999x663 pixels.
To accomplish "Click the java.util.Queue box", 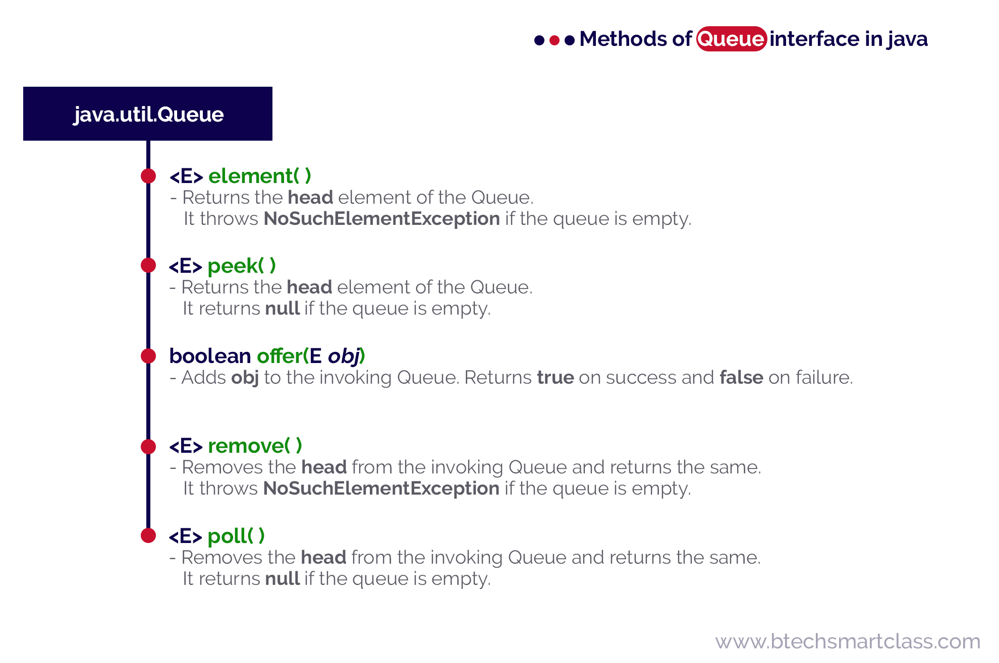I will (x=148, y=114).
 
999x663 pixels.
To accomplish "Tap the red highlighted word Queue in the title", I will (x=731, y=39).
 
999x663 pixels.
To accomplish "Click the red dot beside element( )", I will (x=148, y=176).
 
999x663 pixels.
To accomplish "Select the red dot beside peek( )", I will (x=148, y=265).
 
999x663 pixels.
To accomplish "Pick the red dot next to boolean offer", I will (x=148, y=356).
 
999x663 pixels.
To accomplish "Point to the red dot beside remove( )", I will (x=148, y=446).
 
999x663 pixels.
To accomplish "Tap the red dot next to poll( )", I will (x=148, y=535).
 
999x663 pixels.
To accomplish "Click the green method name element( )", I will (x=259, y=176).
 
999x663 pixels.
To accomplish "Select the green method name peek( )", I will (x=241, y=266).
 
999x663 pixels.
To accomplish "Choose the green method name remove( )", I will (x=255, y=446).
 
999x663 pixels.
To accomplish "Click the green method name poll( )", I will (x=236, y=536).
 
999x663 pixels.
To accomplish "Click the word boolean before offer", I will (x=210, y=356).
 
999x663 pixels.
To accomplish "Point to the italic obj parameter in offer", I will (x=344, y=356).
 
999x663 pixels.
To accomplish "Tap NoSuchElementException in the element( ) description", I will (x=382, y=219).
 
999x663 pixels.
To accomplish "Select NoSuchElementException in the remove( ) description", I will (x=381, y=489).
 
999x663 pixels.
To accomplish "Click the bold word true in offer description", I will (x=555, y=378).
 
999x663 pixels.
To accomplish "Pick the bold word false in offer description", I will (x=741, y=378).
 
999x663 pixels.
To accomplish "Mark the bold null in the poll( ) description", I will (x=283, y=579).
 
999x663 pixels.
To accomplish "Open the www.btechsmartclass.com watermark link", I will (x=848, y=642).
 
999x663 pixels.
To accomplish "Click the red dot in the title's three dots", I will (x=554, y=40).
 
